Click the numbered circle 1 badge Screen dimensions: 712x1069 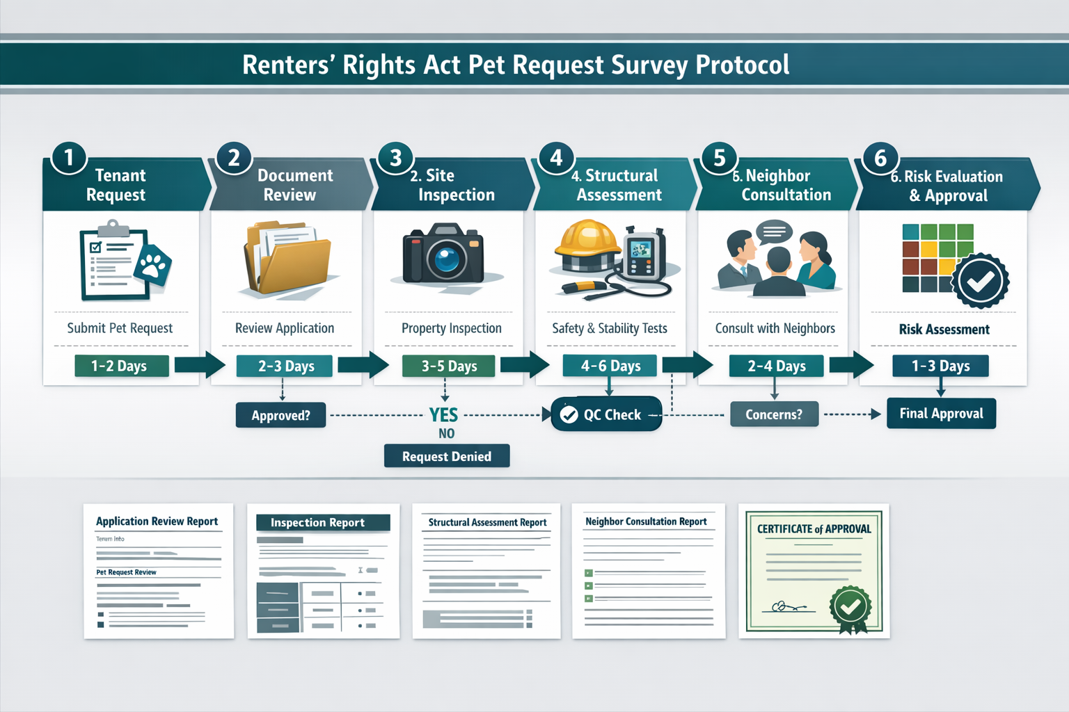[69, 158]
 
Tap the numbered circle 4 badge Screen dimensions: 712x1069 [556, 158]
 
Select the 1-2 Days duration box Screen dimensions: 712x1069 [121, 366]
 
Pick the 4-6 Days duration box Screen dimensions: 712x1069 [610, 366]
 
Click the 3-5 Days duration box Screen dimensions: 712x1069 [448, 366]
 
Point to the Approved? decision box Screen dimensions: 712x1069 [280, 415]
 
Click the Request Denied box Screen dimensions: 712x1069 [447, 456]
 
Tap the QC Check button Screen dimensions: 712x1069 [605, 414]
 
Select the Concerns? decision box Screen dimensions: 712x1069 [774, 414]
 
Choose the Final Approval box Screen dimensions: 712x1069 [941, 414]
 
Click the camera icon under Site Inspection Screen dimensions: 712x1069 [443, 254]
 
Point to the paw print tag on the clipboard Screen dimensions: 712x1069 [154, 264]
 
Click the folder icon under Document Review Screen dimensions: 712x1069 [287, 259]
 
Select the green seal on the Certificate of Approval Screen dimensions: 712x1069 [850, 608]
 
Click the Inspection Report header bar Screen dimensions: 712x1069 [323, 523]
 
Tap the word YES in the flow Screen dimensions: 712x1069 [443, 415]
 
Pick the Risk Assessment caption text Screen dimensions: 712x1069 [944, 330]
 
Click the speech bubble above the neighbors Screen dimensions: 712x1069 [774, 231]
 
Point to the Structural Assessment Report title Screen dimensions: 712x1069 [487, 522]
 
